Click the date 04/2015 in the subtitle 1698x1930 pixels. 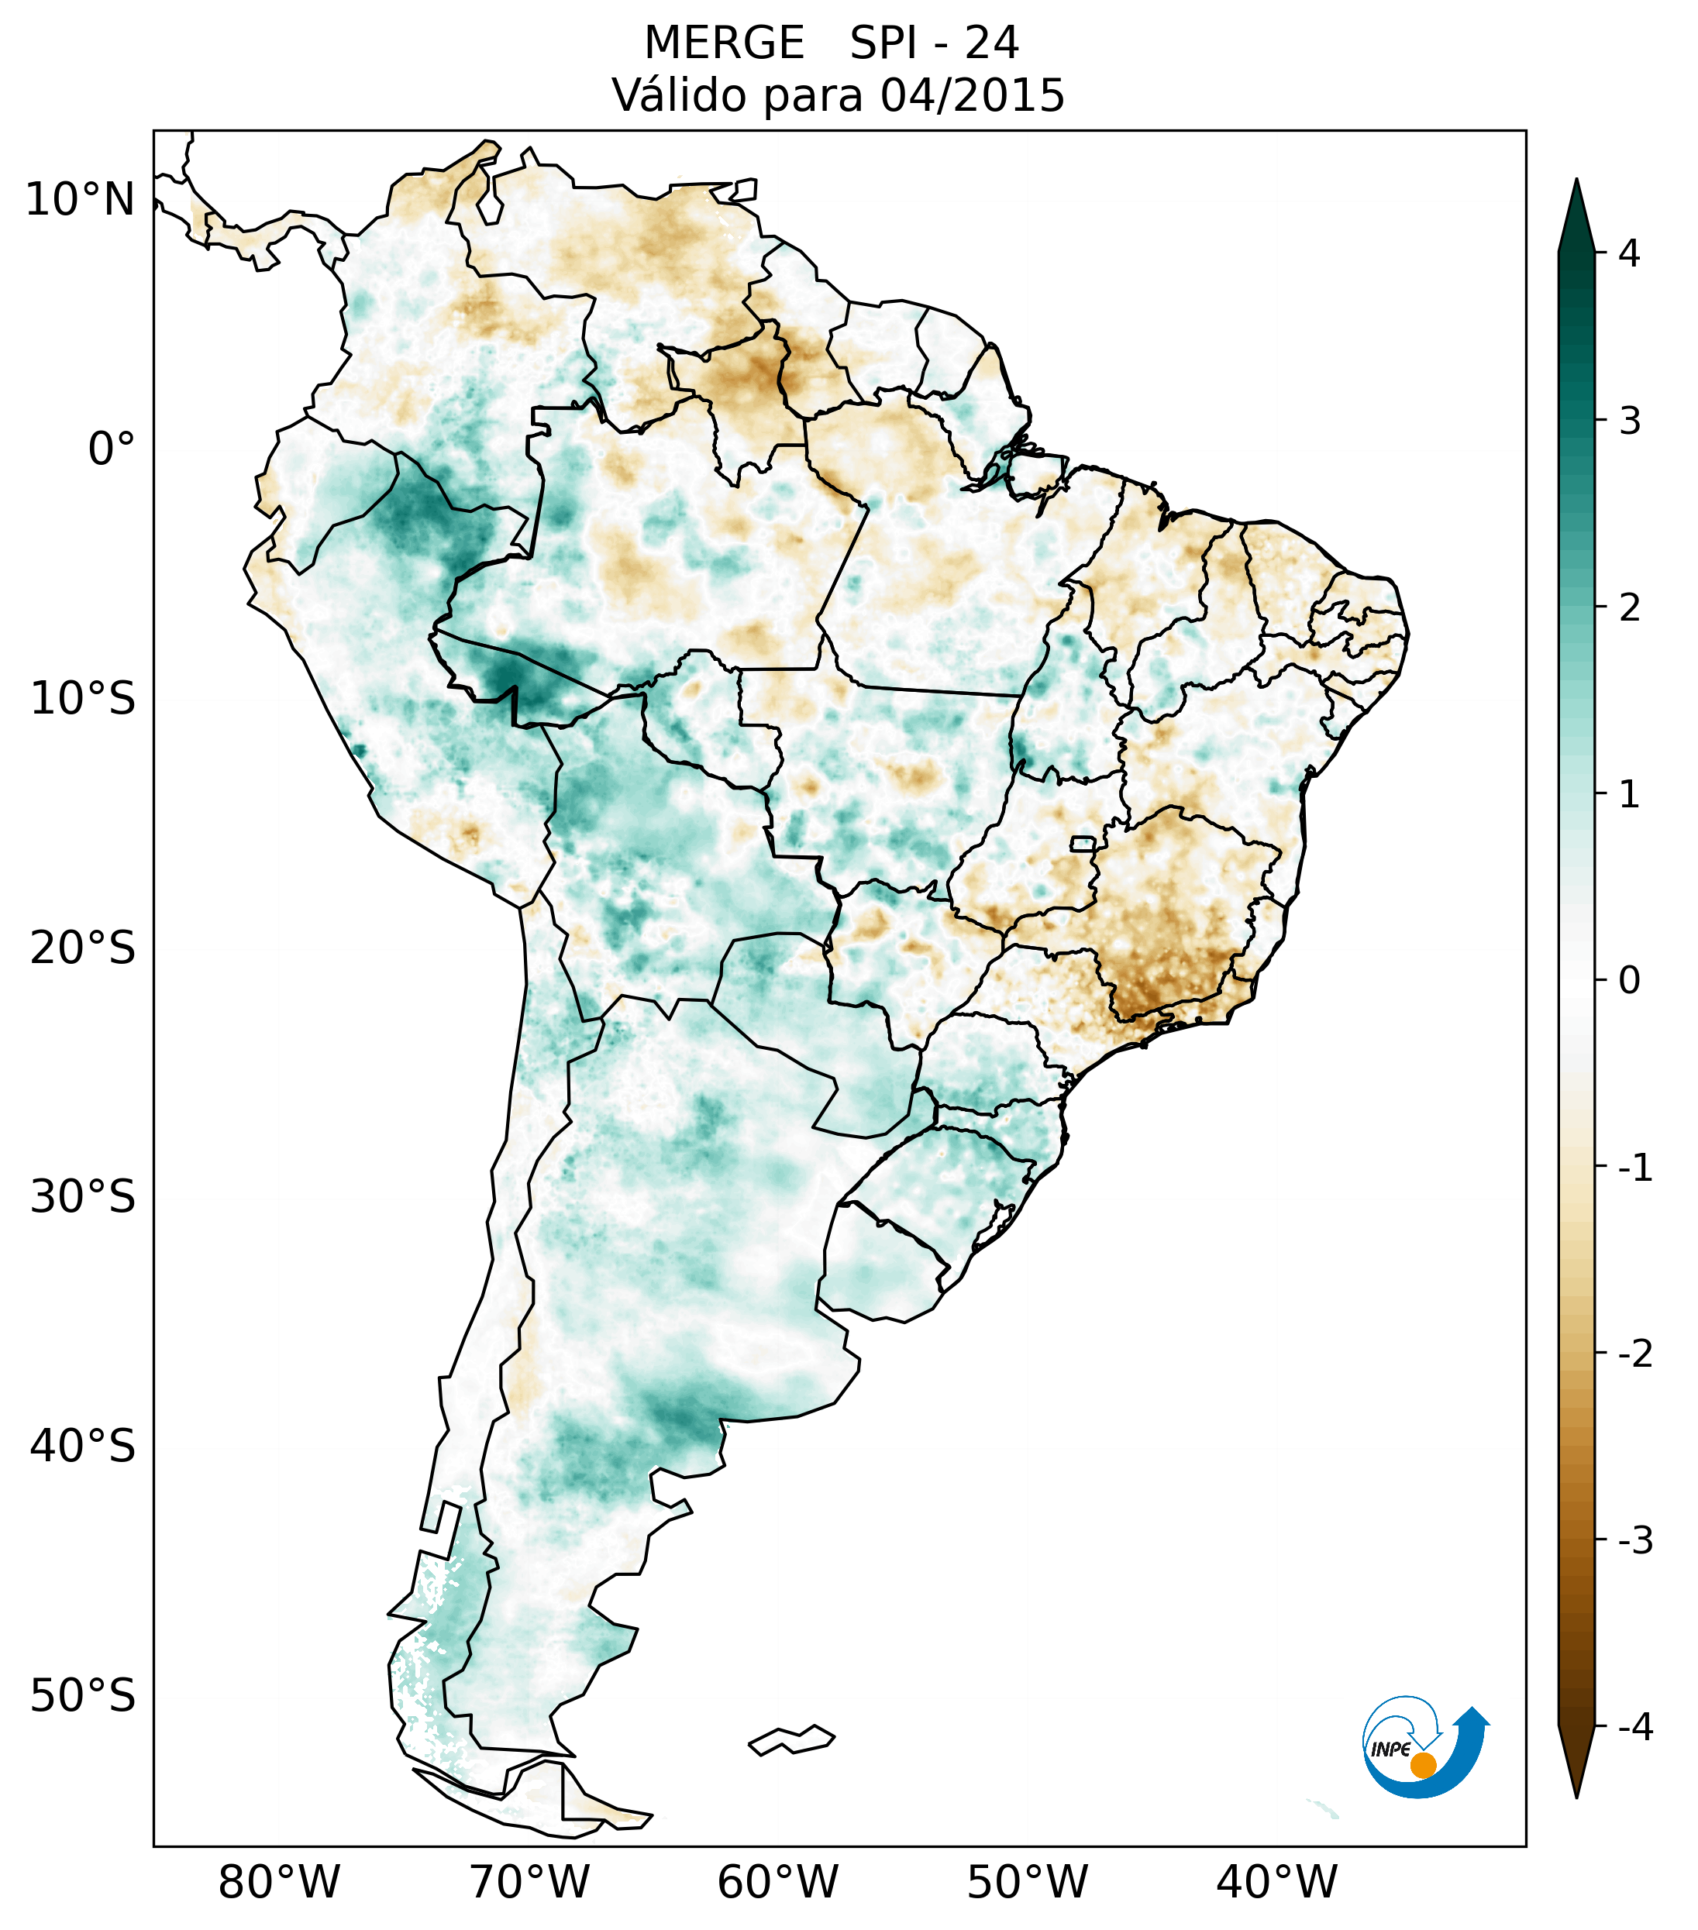coord(972,95)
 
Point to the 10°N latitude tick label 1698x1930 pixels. coord(81,199)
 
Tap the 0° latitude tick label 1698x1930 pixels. coord(112,449)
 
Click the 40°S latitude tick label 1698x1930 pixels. coord(83,1446)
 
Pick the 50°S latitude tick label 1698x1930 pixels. coord(83,1696)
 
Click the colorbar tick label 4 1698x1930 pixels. coord(1629,253)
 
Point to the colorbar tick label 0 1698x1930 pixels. coord(1629,980)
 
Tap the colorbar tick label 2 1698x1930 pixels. coord(1629,608)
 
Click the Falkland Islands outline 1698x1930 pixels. coord(791,1739)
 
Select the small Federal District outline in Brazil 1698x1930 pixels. coord(1083,843)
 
